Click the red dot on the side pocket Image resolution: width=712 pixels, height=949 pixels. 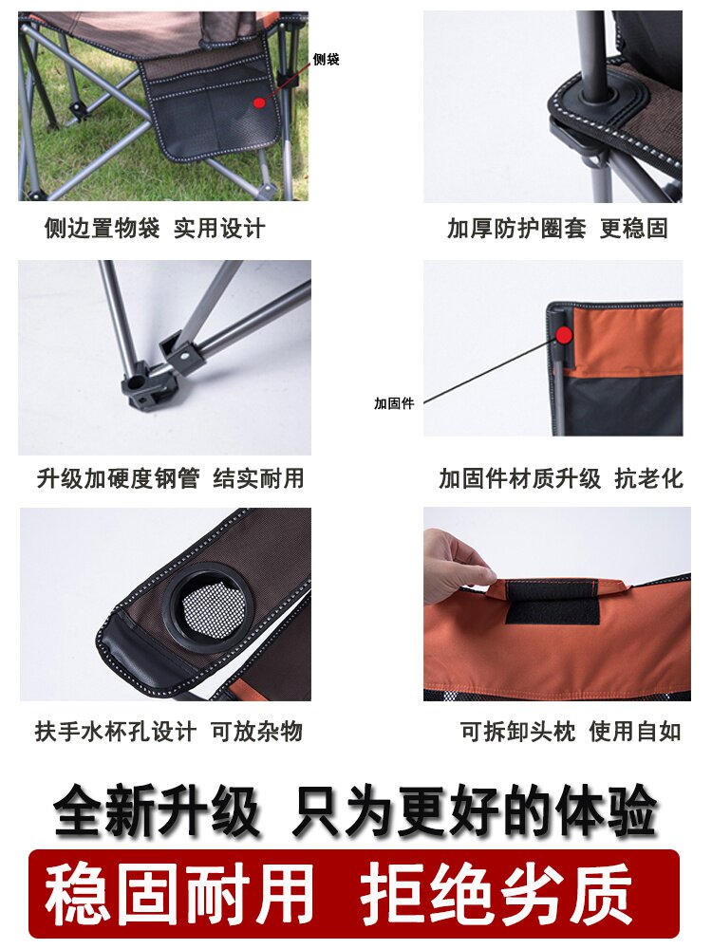pos(259,102)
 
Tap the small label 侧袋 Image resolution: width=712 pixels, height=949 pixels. pos(326,59)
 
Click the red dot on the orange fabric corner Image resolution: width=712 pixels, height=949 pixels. pos(564,334)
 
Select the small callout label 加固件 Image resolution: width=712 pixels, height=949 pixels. pos(394,403)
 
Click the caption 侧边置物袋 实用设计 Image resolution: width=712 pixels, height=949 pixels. pos(155,228)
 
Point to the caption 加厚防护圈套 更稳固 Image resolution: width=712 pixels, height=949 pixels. pos(557,228)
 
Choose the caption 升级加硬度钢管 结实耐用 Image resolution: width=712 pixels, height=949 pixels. pos(170,478)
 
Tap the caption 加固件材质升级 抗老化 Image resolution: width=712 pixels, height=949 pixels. pos(561,478)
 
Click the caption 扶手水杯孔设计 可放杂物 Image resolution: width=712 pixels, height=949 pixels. pos(168,731)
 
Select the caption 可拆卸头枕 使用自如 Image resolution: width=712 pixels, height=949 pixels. pos(571,731)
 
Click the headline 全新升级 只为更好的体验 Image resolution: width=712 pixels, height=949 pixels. pos(355,810)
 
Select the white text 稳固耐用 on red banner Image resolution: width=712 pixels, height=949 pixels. pos(179,894)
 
